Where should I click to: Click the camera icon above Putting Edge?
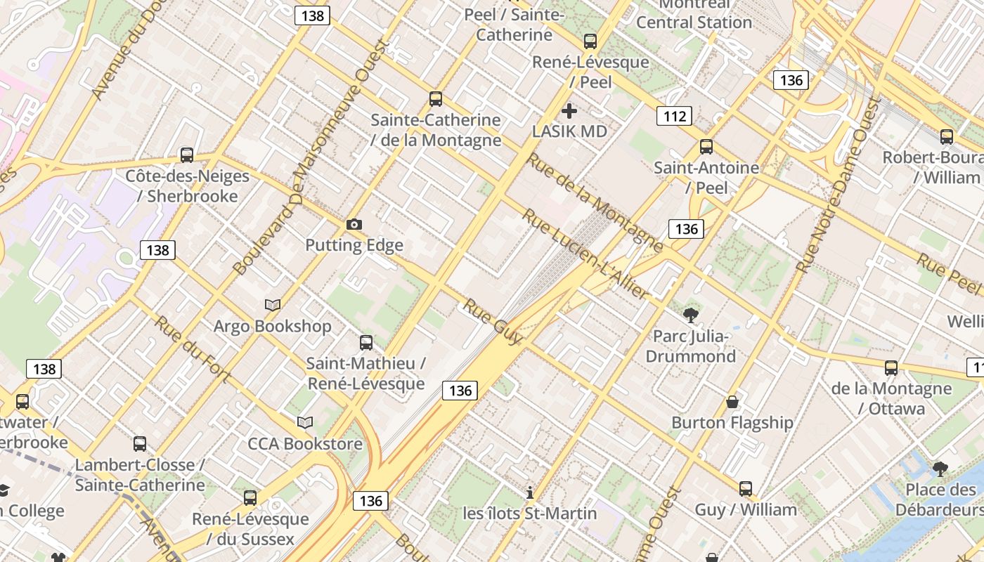click(x=354, y=225)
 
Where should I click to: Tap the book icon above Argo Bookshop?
click(x=273, y=305)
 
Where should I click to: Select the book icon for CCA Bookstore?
click(x=304, y=422)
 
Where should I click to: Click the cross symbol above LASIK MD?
click(x=569, y=111)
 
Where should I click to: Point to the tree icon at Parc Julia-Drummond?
click(x=690, y=315)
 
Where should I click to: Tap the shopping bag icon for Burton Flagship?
click(x=732, y=402)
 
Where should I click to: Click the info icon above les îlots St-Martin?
click(x=530, y=492)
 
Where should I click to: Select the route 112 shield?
click(x=674, y=116)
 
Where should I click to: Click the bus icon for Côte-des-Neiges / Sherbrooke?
click(x=187, y=155)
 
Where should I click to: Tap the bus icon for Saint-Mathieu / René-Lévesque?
click(x=366, y=343)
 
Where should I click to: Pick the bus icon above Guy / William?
click(x=746, y=489)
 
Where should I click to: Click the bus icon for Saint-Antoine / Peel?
click(x=706, y=148)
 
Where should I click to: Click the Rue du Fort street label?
click(x=192, y=350)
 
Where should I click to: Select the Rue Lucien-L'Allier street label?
click(x=584, y=254)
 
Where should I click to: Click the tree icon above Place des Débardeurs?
click(x=940, y=469)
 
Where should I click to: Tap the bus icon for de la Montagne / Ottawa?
click(x=891, y=368)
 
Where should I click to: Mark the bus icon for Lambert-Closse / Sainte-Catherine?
click(x=140, y=444)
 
